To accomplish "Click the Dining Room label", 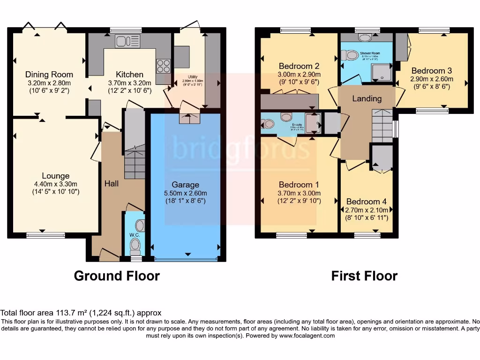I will click(49, 74).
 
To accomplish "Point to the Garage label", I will click(185, 185).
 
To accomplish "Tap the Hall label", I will click(111, 183).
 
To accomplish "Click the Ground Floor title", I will click(117, 276).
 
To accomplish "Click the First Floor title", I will click(364, 276).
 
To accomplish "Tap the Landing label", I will click(367, 98).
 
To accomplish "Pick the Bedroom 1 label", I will click(299, 184).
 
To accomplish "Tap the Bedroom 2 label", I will click(299, 66).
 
